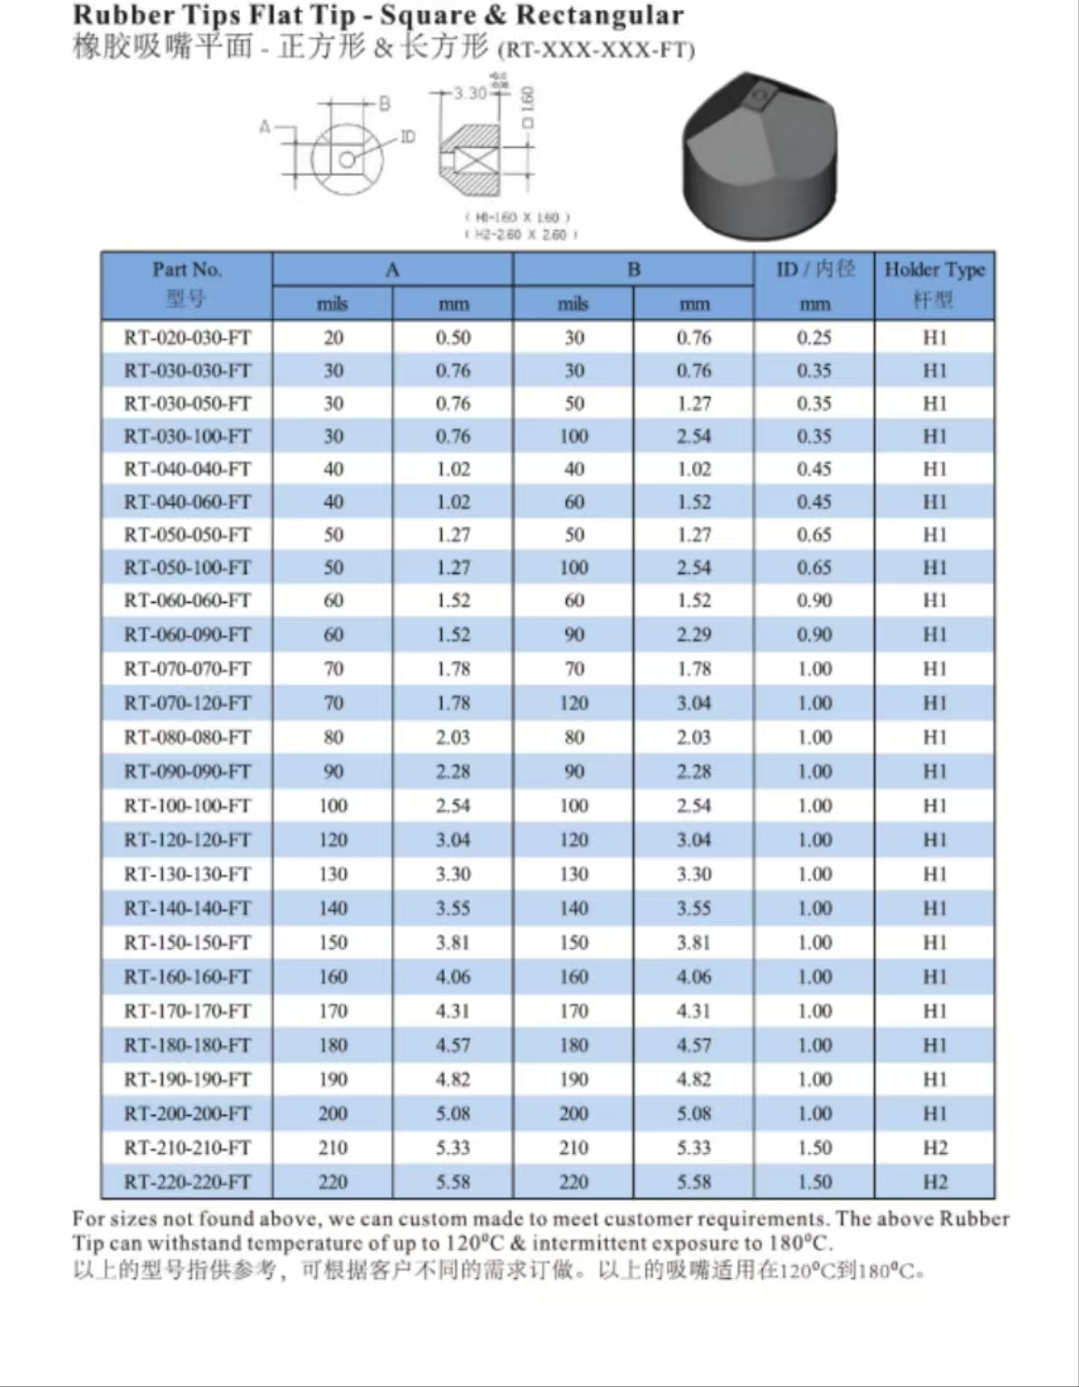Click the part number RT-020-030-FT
tap(188, 337)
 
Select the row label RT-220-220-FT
tap(188, 1181)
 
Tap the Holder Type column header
tap(934, 284)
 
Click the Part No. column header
tap(187, 284)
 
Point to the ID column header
tap(814, 269)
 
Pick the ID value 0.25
tap(814, 337)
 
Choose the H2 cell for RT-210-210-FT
tap(934, 1148)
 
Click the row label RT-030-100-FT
tap(188, 436)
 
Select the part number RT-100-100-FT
tap(188, 805)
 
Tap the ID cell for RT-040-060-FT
tap(814, 501)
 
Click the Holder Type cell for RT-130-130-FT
tap(934, 874)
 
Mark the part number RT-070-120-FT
tap(188, 703)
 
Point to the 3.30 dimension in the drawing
tap(469, 93)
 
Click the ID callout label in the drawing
tap(408, 137)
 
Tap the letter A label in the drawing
tap(265, 127)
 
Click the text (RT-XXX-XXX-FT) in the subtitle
tap(596, 50)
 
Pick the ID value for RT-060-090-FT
tap(814, 635)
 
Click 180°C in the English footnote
tap(801, 1243)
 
